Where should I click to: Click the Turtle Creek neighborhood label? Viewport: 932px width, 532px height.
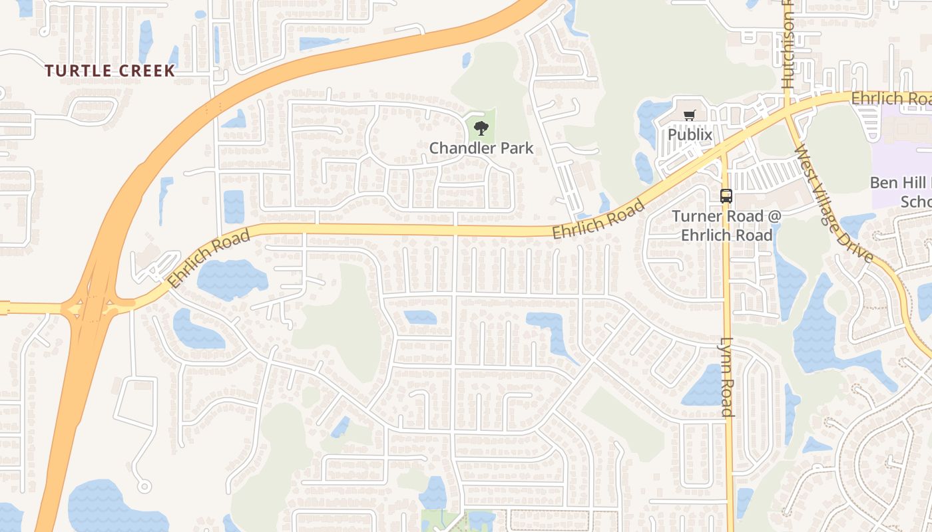click(x=110, y=70)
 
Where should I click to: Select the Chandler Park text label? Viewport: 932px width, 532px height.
click(x=481, y=148)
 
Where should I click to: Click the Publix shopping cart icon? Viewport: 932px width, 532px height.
click(x=690, y=116)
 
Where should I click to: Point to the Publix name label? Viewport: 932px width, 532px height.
click(x=690, y=135)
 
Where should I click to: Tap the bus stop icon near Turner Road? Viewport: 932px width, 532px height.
click(x=726, y=196)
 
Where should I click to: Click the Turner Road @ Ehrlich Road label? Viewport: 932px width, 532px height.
click(x=726, y=225)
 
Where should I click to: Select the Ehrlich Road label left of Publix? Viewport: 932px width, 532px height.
click(x=598, y=218)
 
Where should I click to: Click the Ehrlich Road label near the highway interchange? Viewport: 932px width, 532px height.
click(x=208, y=258)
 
